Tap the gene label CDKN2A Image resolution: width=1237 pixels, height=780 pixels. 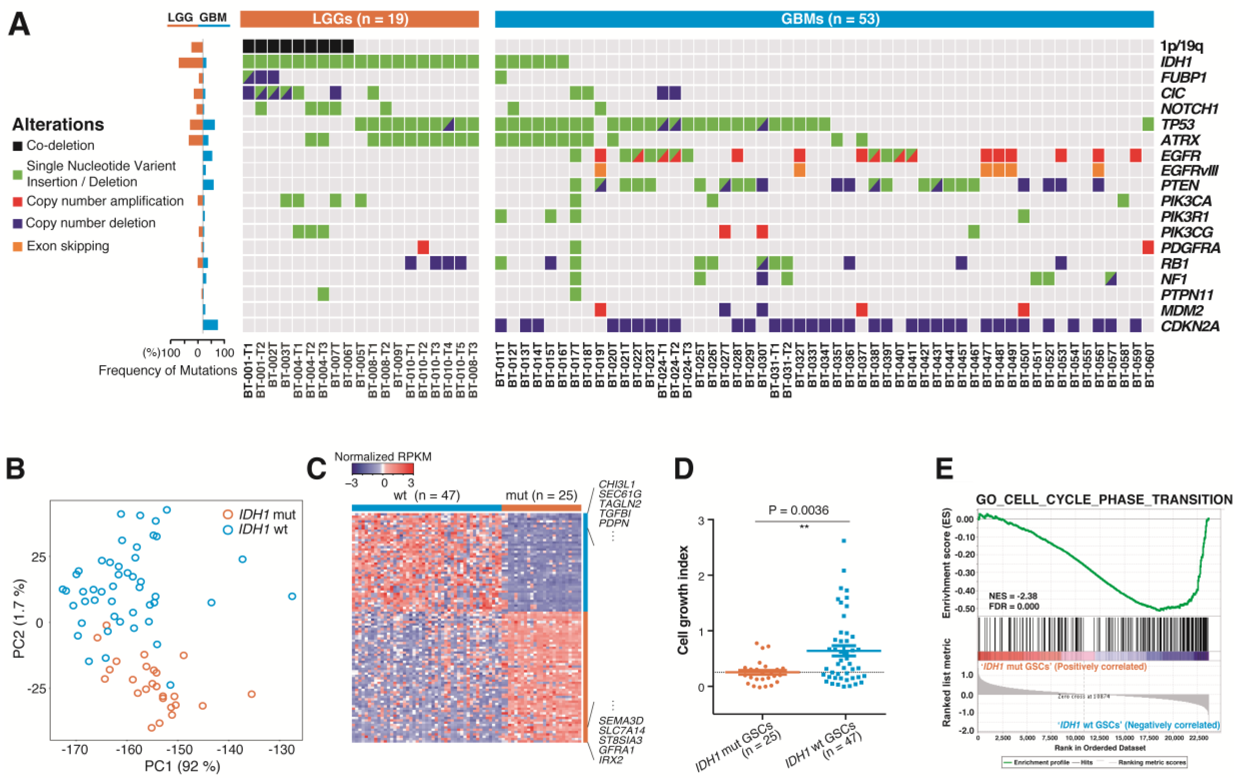click(x=1190, y=326)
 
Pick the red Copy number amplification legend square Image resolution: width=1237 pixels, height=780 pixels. click(x=17, y=201)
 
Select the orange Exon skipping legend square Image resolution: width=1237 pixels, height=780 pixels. click(x=17, y=247)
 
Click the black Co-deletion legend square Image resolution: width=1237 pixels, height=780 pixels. click(x=17, y=146)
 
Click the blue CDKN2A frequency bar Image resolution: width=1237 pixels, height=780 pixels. click(x=210, y=325)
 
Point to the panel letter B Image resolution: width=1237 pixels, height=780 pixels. click(x=15, y=469)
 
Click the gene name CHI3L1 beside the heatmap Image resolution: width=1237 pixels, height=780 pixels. click(x=616, y=484)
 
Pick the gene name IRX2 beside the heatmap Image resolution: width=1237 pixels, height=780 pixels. click(x=610, y=759)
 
